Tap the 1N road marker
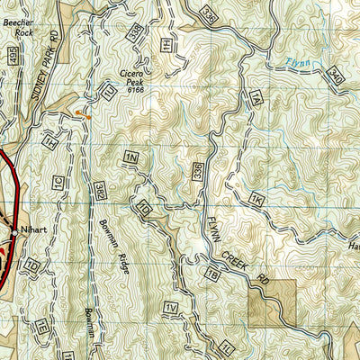coord(133,158)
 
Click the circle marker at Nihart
coord(14,231)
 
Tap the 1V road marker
coord(171,310)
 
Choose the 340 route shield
coord(335,78)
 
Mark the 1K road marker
coord(257,197)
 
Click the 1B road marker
coord(213,275)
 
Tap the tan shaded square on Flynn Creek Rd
coord(273,302)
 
